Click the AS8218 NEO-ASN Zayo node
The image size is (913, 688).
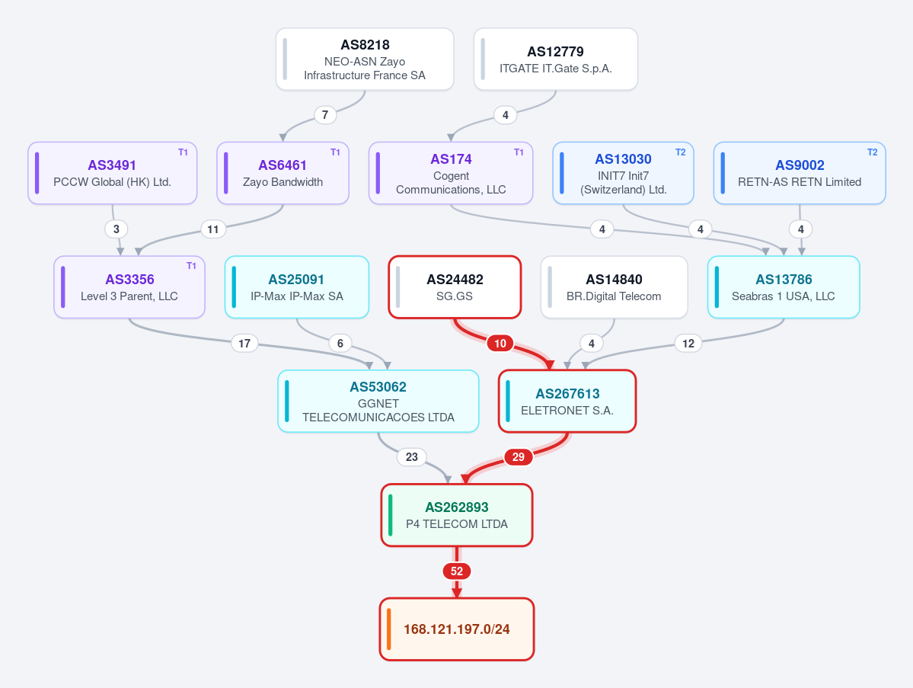365,59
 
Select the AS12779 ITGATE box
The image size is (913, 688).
555,59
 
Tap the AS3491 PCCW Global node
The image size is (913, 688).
113,173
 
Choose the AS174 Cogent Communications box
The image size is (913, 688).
451,173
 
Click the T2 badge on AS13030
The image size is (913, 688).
680,152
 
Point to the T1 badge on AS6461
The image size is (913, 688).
335,152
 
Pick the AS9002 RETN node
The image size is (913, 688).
800,173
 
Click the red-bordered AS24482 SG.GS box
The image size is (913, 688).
455,287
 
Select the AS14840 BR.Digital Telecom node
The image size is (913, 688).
614,287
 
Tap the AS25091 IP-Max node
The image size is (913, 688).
297,287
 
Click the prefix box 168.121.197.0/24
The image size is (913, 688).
457,629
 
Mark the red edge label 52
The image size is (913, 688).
457,571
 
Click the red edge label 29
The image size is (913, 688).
519,457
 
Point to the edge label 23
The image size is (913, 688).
412,457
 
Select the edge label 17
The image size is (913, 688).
244,344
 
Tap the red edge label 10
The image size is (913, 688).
500,344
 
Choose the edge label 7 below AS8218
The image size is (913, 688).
325,115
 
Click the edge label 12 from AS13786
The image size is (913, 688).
688,344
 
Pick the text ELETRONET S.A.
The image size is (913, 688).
567,411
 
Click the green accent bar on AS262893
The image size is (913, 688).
390,515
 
